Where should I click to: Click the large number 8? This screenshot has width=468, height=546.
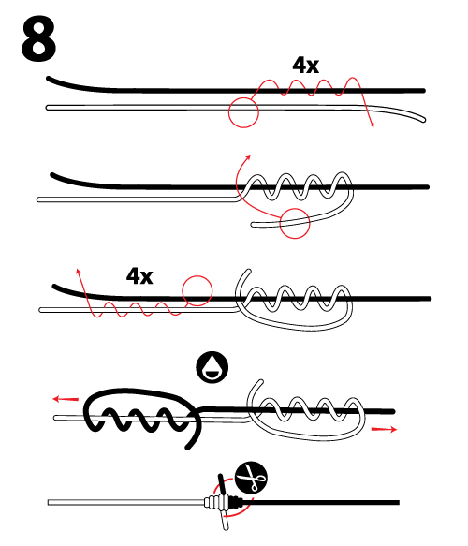38,38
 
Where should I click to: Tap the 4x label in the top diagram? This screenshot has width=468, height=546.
305,65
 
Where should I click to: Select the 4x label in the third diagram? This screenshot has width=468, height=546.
139,275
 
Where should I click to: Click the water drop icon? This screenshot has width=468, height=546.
212,367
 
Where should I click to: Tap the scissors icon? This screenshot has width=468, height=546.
251,478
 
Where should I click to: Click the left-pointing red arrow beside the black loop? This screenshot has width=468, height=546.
66,399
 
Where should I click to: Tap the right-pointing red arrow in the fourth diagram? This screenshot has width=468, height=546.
384,429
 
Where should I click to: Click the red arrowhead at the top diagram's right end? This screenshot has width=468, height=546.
372,125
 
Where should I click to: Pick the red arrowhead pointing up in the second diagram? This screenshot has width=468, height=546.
248,157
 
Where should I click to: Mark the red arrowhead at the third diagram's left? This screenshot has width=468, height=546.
78,272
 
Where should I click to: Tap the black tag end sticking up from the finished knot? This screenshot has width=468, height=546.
222,484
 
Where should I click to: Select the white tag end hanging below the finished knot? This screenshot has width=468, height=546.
225,520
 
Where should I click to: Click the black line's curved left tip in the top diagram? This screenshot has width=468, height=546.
49,79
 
